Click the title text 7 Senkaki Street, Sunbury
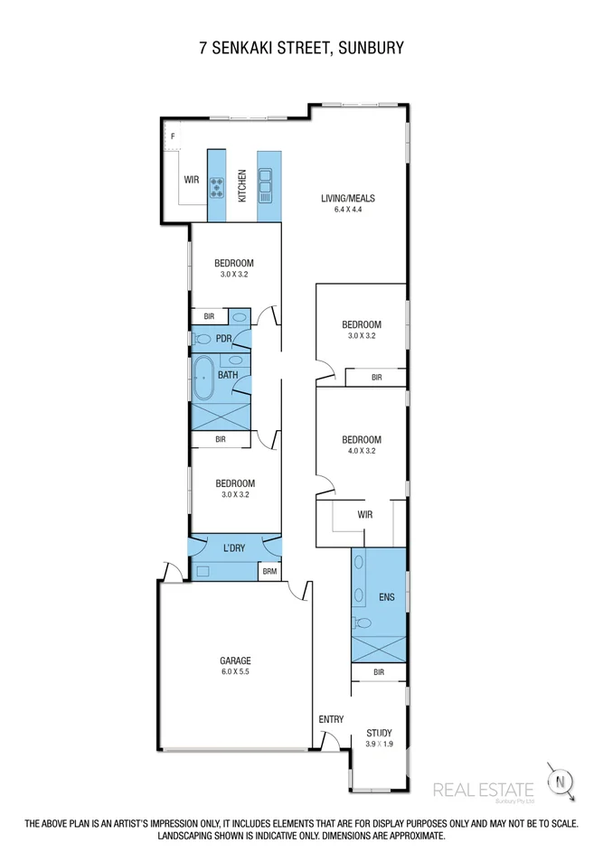301,47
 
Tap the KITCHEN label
242,185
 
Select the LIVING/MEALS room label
347,199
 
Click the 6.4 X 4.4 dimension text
347,210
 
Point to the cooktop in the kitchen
218,188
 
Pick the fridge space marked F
172,136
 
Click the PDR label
224,339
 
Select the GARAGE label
235,660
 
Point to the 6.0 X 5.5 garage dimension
235,671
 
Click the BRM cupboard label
269,571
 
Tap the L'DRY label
235,548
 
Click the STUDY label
379,732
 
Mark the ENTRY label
331,719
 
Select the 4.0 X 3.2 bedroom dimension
362,450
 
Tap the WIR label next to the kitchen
192,180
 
